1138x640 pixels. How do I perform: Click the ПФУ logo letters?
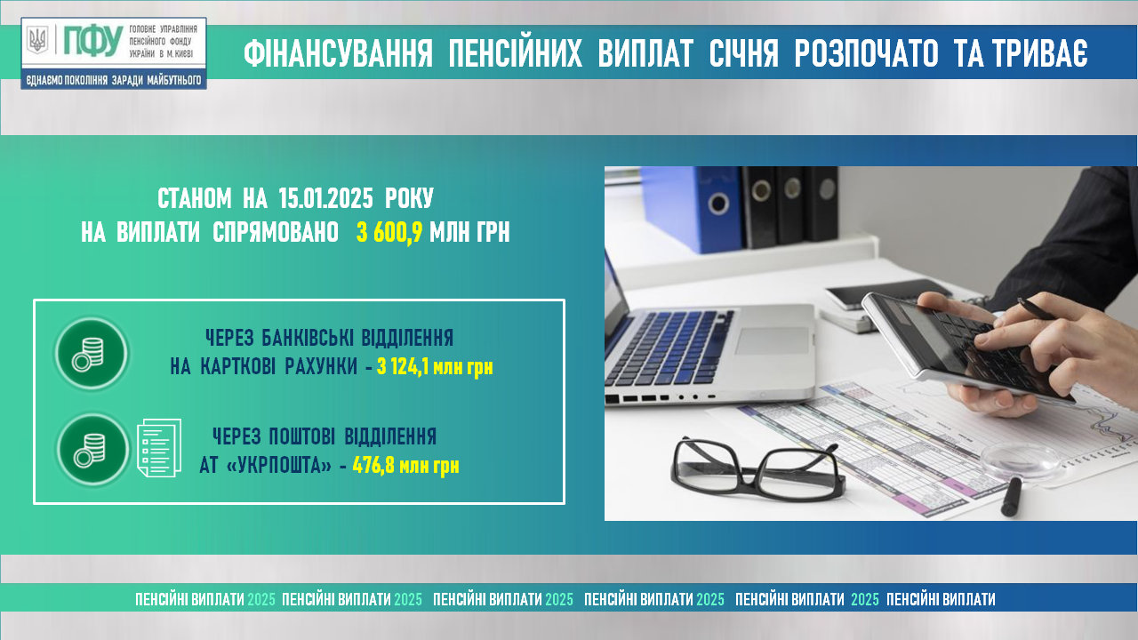click(93, 41)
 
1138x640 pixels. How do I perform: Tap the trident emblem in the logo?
click(37, 40)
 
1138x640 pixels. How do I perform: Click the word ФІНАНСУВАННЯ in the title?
click(338, 54)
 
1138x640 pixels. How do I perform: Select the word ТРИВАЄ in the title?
click(1022, 53)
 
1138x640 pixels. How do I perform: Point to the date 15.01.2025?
click(325, 198)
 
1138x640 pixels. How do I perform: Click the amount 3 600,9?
click(389, 233)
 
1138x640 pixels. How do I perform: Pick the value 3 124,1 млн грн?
click(435, 367)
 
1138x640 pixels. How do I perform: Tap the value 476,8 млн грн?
click(405, 465)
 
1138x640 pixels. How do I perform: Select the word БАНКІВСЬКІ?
click(308, 338)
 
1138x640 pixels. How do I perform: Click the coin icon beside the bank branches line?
click(92, 354)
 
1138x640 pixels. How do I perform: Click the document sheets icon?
click(159, 447)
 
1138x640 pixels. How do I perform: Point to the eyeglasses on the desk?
click(757, 468)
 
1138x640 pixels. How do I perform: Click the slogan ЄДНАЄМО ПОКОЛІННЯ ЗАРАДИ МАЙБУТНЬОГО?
click(114, 80)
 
